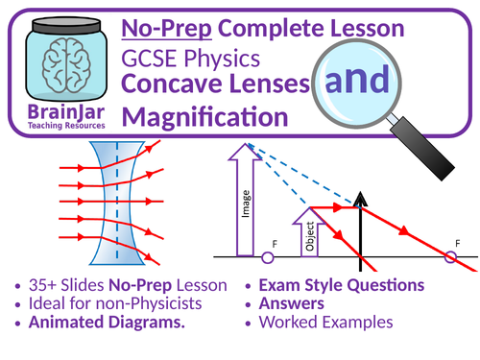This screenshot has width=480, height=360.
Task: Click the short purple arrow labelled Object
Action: coord(307,235)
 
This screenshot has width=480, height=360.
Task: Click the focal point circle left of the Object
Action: coord(267,257)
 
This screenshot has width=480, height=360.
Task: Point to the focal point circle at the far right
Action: coord(451,257)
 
